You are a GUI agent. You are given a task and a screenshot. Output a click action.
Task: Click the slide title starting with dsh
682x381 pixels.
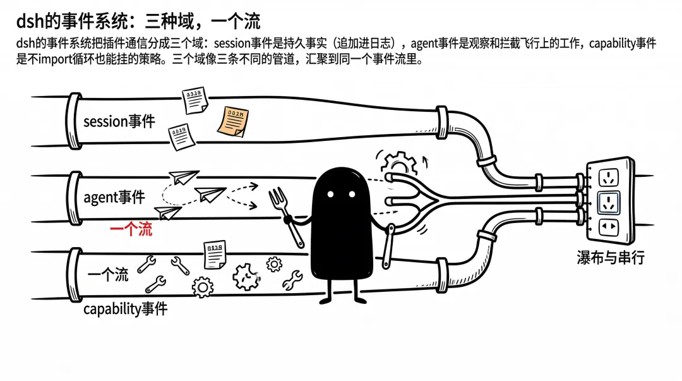[x=138, y=21]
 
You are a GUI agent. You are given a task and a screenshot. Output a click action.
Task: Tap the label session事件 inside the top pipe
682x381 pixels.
[x=119, y=121]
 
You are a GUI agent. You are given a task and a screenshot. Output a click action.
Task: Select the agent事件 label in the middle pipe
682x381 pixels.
[x=114, y=197]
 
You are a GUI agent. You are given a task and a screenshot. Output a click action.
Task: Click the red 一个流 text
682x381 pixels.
[x=131, y=229]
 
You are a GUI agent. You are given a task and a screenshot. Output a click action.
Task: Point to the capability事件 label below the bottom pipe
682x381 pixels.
[x=125, y=309]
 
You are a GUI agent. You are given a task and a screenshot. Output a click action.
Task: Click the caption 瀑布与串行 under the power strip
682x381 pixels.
[x=611, y=257]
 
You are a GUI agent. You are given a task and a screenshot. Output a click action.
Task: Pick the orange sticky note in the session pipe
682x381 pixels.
[x=233, y=121]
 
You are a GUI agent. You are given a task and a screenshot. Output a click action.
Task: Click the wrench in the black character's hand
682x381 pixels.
[x=388, y=246]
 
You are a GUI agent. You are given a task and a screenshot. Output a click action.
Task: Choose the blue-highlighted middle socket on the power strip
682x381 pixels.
[x=609, y=202]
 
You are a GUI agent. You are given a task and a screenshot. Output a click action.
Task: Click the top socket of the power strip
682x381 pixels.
[x=609, y=178]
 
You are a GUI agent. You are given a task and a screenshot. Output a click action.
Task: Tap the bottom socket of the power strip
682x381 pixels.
[x=609, y=227]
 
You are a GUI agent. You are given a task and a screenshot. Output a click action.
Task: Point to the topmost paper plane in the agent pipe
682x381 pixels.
[x=184, y=177]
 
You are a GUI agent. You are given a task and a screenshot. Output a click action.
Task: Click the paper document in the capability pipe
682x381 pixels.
[x=215, y=255]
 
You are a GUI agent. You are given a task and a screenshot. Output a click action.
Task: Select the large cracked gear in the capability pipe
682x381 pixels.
[x=246, y=277]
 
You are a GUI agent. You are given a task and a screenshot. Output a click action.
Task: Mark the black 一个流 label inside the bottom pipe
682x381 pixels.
[x=108, y=275]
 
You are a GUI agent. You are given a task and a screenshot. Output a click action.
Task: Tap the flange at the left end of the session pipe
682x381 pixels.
[x=74, y=121]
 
